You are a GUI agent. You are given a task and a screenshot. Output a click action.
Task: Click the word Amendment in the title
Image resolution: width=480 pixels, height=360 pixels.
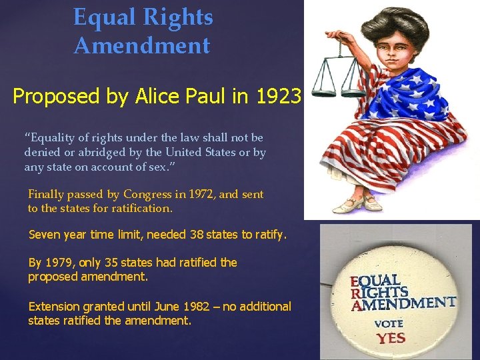point(141,46)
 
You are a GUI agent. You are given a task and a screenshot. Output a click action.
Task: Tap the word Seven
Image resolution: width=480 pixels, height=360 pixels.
point(44,235)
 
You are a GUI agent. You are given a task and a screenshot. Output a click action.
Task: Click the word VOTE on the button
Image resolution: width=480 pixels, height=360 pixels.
point(389,323)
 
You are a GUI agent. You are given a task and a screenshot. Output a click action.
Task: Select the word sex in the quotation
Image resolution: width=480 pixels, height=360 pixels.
point(158,167)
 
